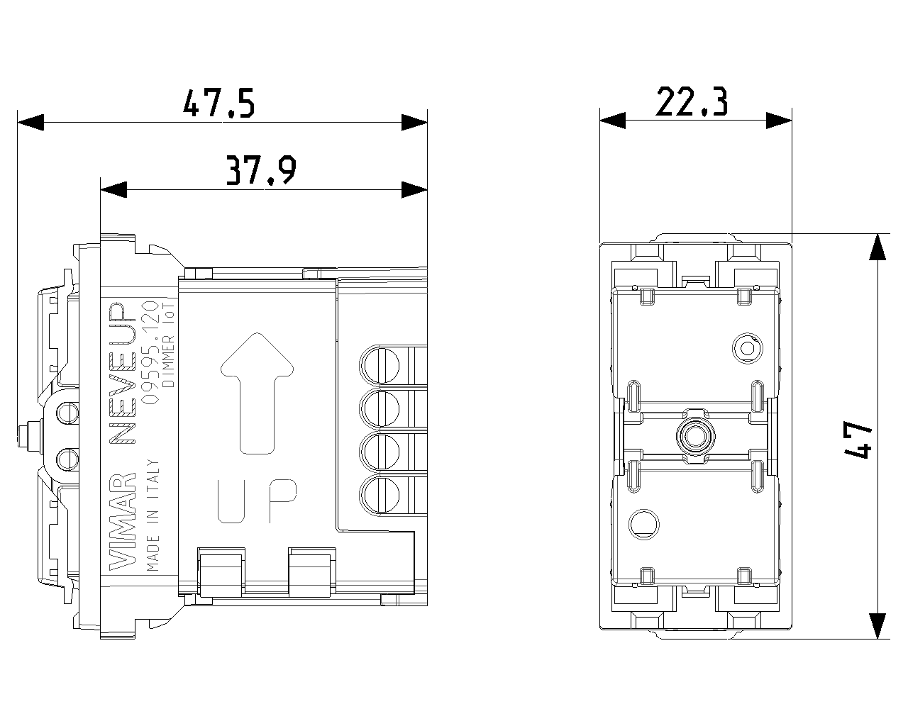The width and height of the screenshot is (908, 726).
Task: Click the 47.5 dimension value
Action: coord(218,104)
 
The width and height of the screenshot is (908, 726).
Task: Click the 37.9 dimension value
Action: coord(260,171)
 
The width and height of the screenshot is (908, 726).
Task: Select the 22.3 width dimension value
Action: coord(692,103)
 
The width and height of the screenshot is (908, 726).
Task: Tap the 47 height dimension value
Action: coord(858,440)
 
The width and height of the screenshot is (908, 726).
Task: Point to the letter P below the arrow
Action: coord(283,501)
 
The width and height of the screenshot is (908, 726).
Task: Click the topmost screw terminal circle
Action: coord(380,362)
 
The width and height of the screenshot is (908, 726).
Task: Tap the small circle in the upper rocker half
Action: coord(746,347)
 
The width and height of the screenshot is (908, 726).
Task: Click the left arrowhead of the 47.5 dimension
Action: coord(31,122)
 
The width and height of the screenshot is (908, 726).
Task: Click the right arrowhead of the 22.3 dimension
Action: coord(779,121)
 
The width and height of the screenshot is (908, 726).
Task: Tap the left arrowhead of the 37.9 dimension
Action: coord(113,189)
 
